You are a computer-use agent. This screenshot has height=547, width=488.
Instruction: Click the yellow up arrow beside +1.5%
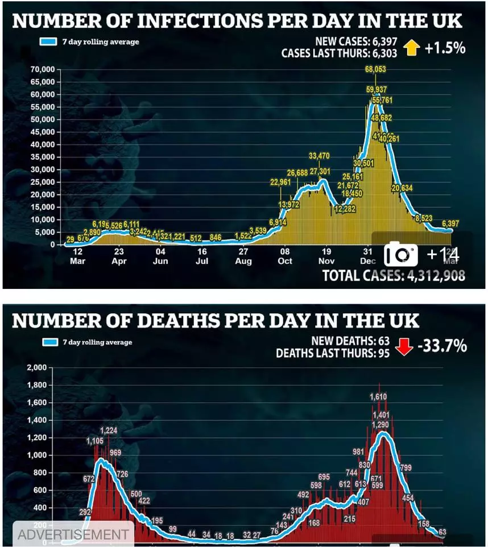[x=411, y=48]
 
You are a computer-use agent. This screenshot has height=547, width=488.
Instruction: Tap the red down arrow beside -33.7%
[x=404, y=346]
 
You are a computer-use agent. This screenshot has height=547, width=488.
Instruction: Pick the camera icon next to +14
[x=401, y=254]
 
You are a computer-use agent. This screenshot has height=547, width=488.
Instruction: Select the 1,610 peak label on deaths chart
[x=378, y=396]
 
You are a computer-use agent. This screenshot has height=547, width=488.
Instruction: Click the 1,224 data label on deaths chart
[x=109, y=430]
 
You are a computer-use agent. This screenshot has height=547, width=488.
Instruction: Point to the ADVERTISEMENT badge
[x=73, y=534]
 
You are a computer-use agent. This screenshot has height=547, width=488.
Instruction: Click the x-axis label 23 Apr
[x=119, y=256]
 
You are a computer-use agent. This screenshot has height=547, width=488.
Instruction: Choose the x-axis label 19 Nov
[x=326, y=256]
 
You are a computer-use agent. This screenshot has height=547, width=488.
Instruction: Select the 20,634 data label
[x=402, y=188]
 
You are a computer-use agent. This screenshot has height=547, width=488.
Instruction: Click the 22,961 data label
[x=280, y=183]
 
